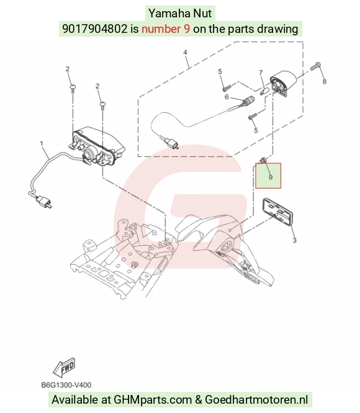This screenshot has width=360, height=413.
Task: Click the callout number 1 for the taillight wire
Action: click(x=42, y=143)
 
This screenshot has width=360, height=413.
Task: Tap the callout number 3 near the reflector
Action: click(x=294, y=240)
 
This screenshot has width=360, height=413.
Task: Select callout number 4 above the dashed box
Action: click(x=185, y=52)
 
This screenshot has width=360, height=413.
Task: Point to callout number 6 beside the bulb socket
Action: click(x=227, y=97)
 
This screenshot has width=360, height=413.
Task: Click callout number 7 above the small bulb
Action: click(x=261, y=73)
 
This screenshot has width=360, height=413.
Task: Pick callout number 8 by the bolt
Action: click(x=324, y=82)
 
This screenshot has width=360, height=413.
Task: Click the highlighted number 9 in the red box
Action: click(x=271, y=177)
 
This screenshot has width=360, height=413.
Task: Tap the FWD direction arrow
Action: click(x=64, y=368)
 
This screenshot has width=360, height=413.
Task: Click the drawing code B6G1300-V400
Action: click(x=66, y=385)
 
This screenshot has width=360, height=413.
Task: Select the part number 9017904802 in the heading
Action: click(x=94, y=29)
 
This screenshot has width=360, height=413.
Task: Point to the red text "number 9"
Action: click(x=166, y=29)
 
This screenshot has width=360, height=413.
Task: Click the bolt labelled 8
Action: click(x=315, y=66)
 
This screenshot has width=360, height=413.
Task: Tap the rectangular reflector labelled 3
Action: click(x=277, y=212)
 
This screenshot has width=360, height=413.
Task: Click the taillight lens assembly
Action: click(x=97, y=146)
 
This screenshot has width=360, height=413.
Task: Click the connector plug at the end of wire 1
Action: click(x=44, y=202)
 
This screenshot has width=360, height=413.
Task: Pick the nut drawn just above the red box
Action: click(x=262, y=160)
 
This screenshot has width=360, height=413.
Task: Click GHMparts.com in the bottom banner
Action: click(x=153, y=400)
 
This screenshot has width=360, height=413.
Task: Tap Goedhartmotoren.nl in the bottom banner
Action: click(x=256, y=400)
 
